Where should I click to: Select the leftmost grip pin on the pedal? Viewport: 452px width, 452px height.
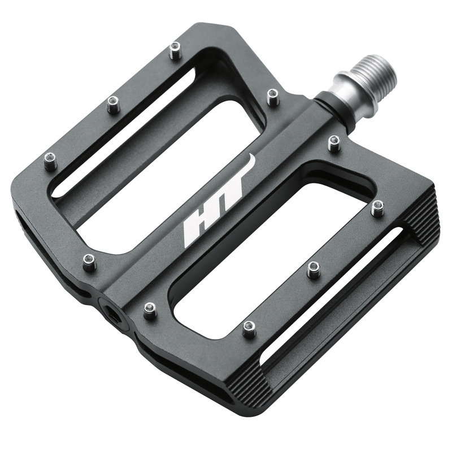pos(51,162)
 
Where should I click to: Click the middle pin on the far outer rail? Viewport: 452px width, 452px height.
pos(114,105)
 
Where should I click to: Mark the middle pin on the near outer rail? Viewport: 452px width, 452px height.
pos(314,269)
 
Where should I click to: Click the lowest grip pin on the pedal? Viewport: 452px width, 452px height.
pos(249,329)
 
